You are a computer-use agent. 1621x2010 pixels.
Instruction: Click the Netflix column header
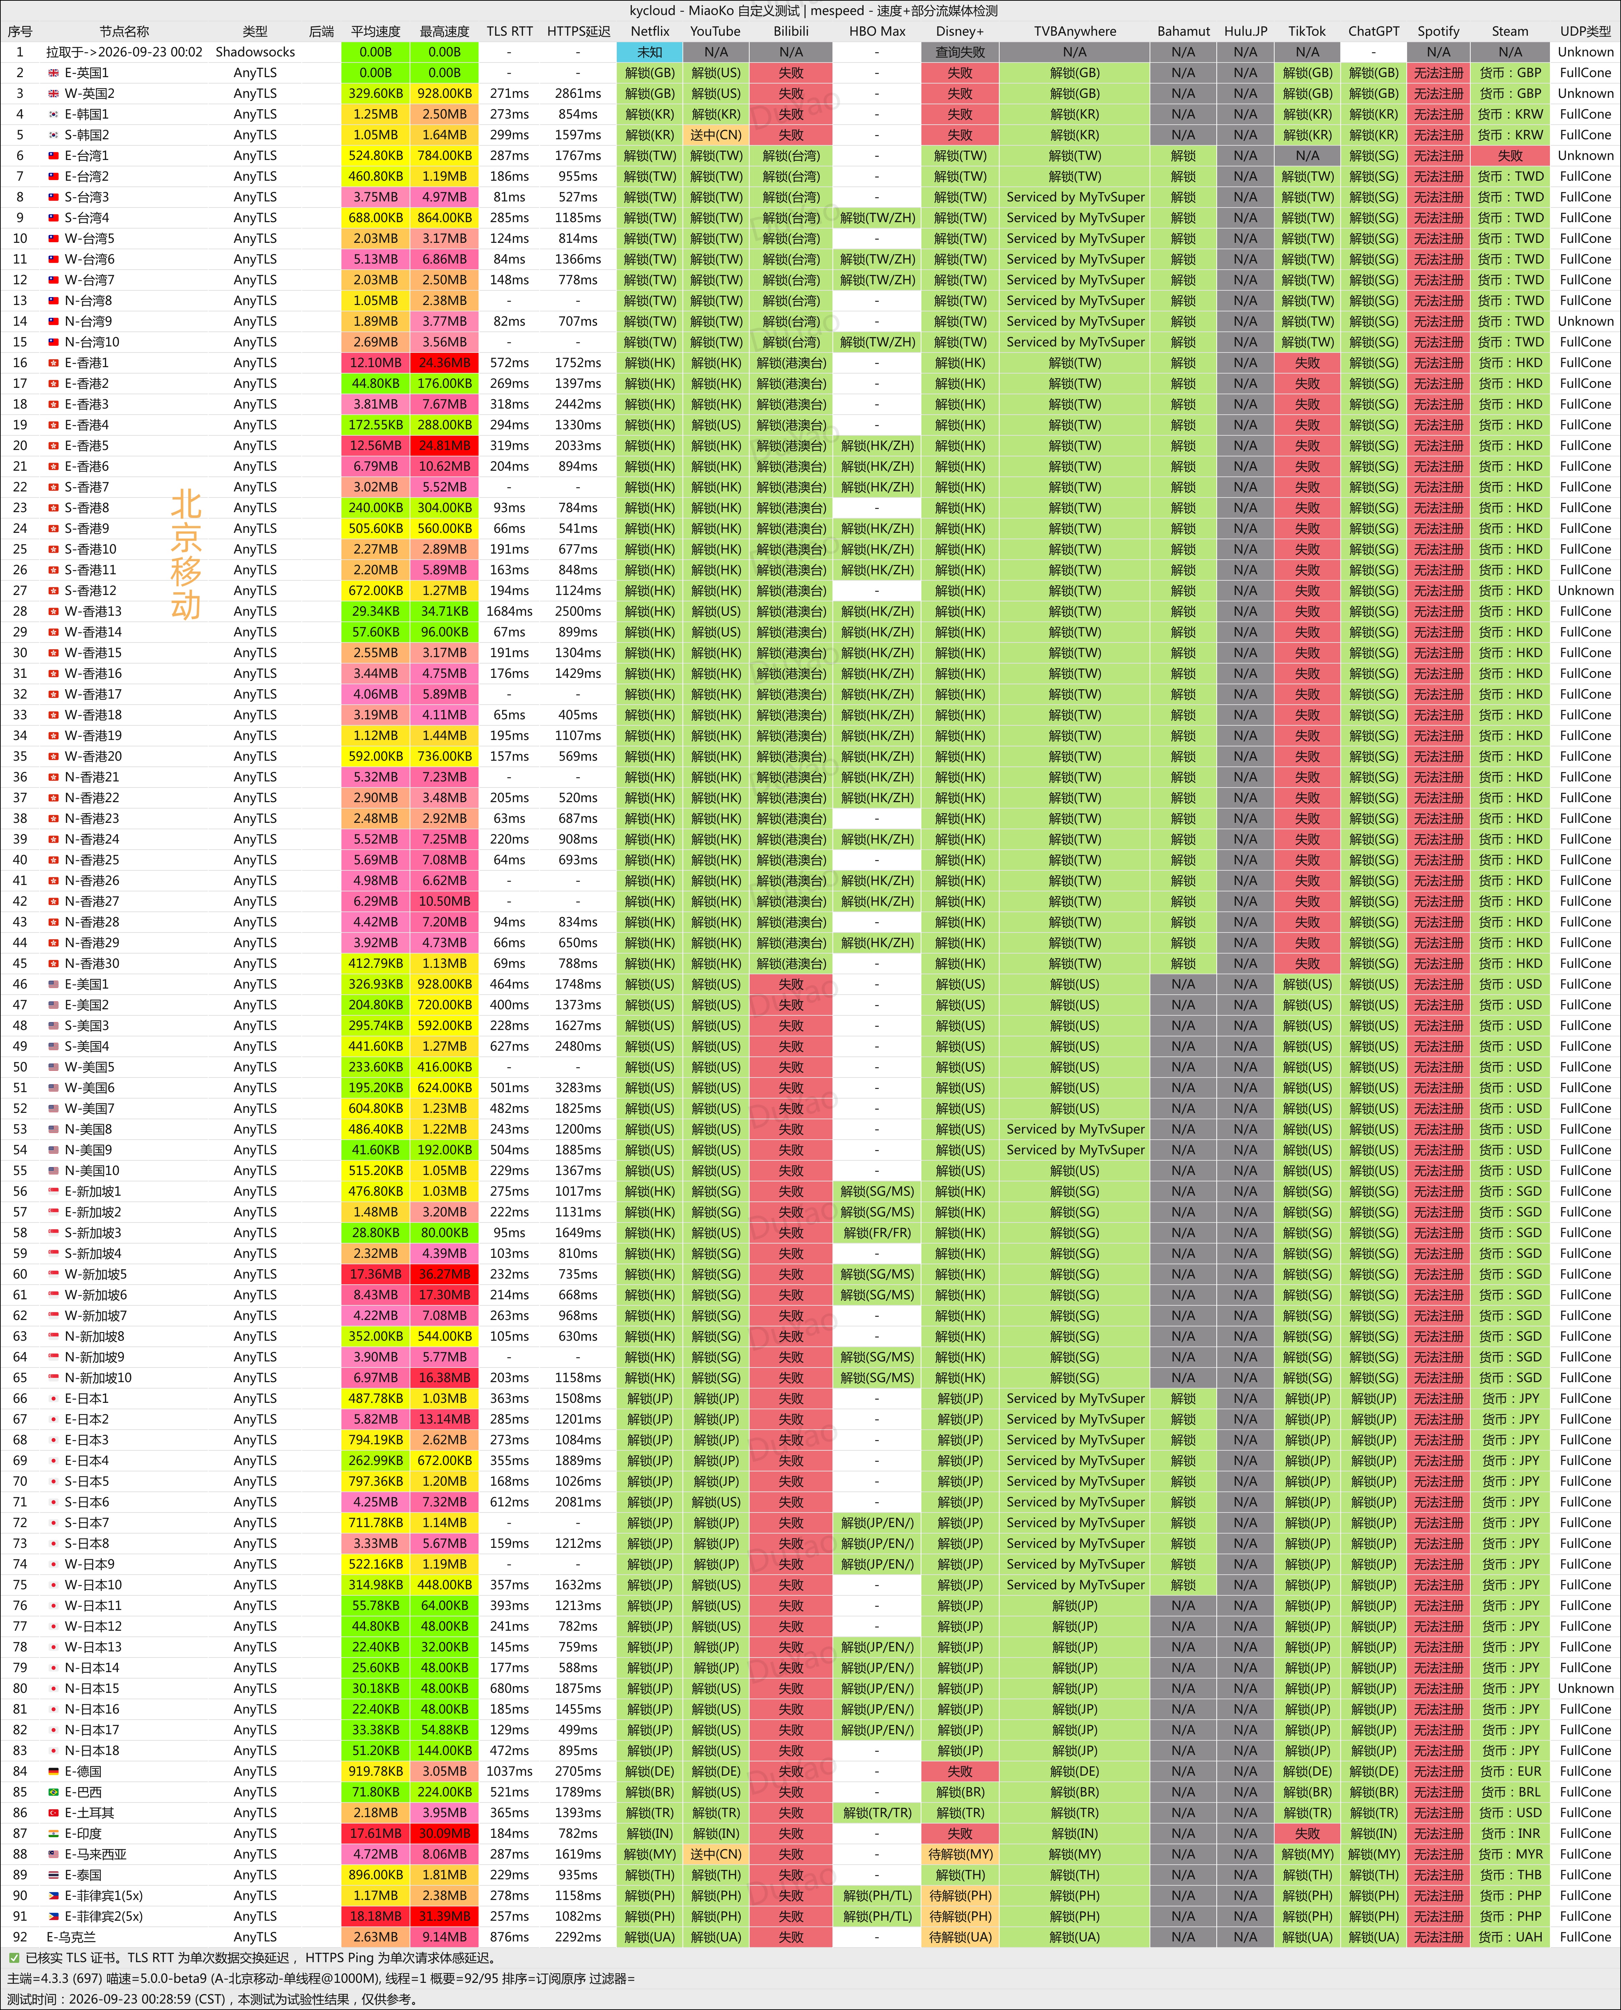click(x=650, y=31)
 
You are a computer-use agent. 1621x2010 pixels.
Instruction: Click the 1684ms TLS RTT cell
click(x=510, y=611)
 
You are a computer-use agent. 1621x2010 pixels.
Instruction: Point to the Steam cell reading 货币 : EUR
click(x=1510, y=1771)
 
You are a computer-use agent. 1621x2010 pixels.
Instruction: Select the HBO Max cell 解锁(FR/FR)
click(x=877, y=1232)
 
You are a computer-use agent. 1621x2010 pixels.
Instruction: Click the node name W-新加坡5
click(x=95, y=1274)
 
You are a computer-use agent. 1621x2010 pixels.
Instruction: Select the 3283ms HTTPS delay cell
click(x=578, y=1087)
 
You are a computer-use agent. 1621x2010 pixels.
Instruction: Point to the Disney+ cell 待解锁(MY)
click(x=960, y=1854)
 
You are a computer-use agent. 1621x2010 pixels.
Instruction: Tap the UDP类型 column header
click(x=1586, y=31)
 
